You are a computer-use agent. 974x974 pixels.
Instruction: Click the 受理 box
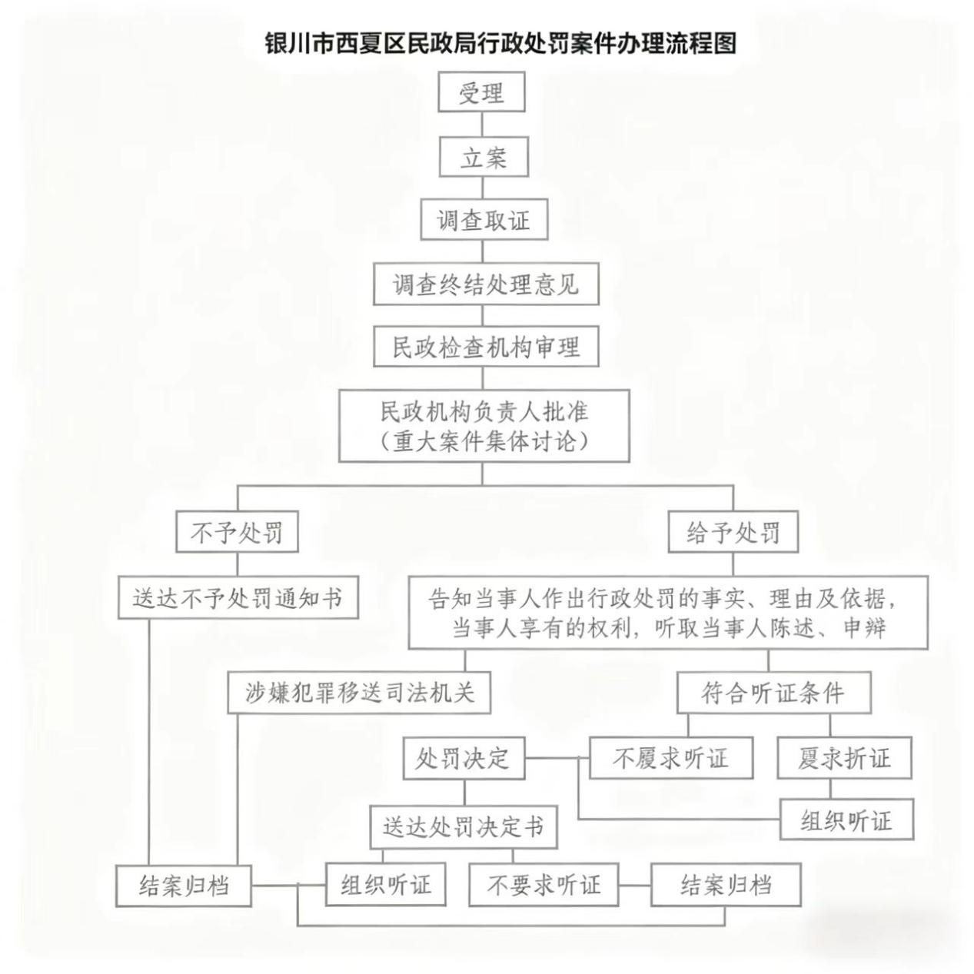point(481,92)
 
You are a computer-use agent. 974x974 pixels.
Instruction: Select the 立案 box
point(483,157)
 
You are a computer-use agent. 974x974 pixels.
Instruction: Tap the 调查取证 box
point(484,221)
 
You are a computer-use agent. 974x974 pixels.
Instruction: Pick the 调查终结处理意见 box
point(485,284)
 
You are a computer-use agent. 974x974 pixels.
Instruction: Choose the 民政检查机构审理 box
point(485,347)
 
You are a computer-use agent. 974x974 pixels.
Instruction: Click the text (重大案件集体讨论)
point(484,442)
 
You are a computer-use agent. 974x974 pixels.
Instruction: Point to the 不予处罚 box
point(237,532)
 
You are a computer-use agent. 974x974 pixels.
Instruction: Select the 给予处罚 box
point(732,532)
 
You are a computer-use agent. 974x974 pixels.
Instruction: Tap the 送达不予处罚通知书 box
point(238,597)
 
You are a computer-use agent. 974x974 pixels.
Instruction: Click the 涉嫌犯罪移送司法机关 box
point(359,693)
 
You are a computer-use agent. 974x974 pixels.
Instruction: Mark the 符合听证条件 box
point(773,693)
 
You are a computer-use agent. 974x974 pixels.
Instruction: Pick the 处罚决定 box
point(464,758)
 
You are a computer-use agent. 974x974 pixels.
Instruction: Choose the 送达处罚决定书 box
point(463,827)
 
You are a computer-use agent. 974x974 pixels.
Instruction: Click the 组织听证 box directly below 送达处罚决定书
point(386,885)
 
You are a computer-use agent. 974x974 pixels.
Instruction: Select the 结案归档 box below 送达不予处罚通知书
point(184,885)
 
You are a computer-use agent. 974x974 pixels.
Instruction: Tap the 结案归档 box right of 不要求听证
point(726,885)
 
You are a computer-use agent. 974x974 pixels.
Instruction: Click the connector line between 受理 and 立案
point(482,125)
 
